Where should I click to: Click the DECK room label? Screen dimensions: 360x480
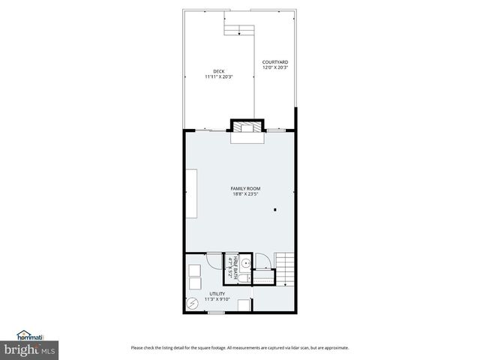pos(219,71)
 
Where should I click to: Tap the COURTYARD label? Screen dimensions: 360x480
pos(275,62)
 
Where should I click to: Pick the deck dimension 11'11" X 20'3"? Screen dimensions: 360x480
pos(219,76)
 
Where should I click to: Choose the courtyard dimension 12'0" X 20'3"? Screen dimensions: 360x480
pos(275,67)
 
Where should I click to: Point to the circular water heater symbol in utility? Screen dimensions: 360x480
pos(193,302)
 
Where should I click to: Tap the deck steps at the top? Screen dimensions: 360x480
pos(238,30)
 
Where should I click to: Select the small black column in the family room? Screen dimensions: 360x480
pos(275,210)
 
